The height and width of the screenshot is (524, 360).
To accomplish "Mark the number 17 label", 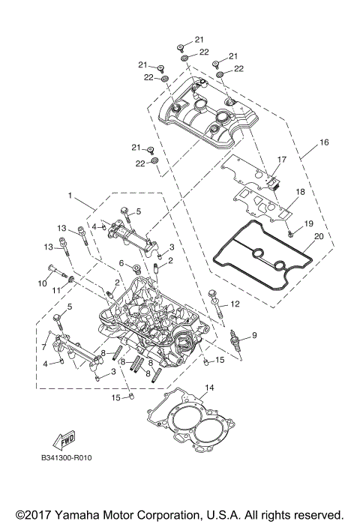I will point(282,160).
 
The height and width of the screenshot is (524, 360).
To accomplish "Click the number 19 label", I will point(307,224).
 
